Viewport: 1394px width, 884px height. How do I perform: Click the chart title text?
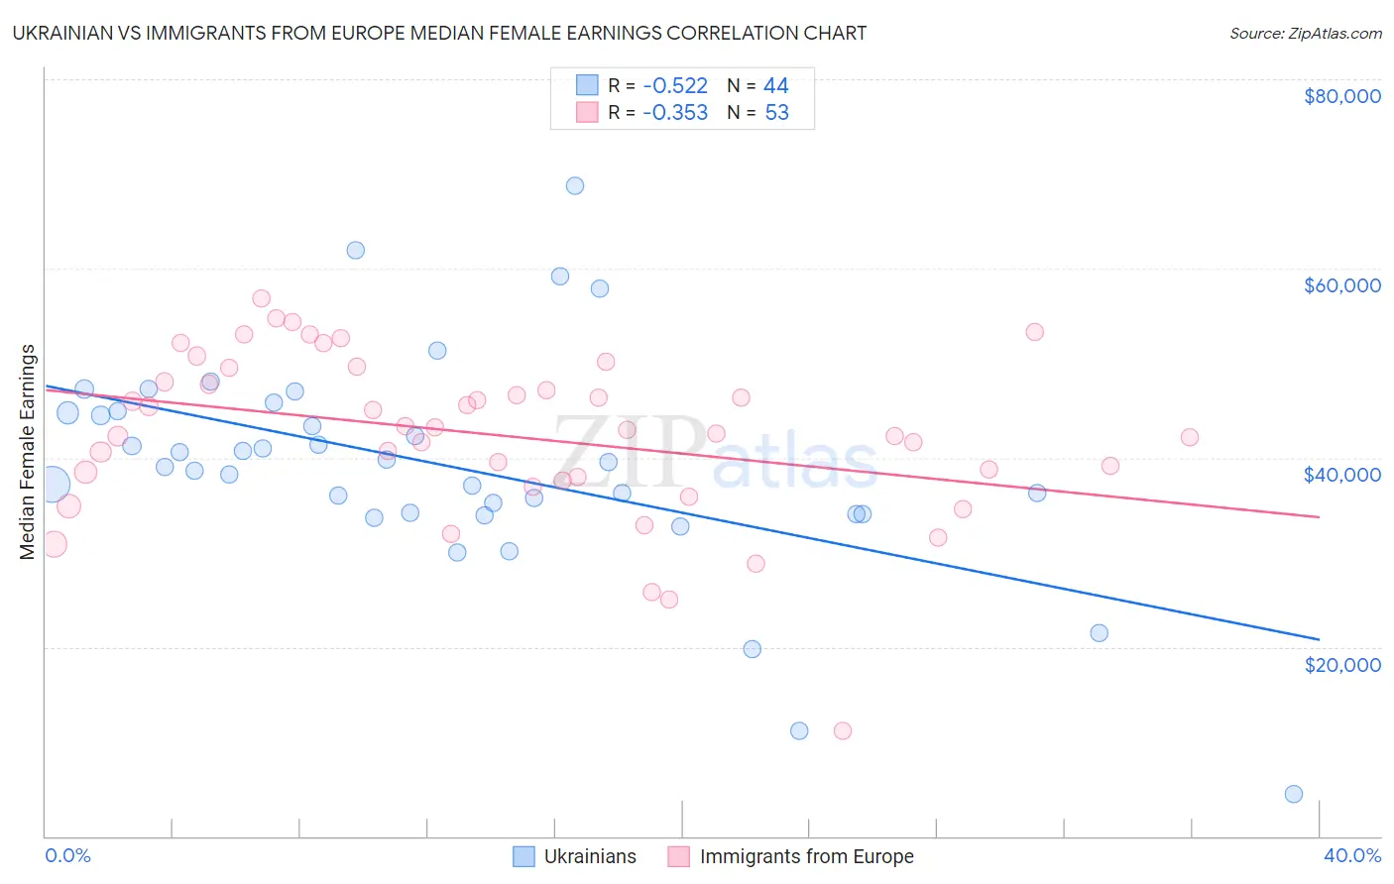440,33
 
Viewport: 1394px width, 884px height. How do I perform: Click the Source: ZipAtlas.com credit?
1305,34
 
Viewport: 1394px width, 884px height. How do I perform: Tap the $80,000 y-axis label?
1341,96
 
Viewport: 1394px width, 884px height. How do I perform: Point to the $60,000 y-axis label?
1341,285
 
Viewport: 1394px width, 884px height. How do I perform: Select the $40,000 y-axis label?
1341,475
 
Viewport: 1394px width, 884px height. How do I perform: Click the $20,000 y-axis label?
1341,664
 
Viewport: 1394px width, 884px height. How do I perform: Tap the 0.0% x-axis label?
67,855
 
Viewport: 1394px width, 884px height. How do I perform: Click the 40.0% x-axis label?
1351,855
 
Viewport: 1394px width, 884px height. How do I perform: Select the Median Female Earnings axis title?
28,452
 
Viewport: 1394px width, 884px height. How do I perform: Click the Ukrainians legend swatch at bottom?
523,856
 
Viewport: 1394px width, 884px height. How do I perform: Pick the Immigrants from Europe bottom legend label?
806,856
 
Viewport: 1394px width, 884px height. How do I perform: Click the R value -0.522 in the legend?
674,86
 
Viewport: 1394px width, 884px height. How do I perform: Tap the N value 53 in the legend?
776,113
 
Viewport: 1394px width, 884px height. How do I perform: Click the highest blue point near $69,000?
575,185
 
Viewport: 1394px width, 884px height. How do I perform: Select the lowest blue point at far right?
1293,794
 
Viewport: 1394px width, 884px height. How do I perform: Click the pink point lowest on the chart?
843,730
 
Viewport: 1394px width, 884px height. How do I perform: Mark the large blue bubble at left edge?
52,484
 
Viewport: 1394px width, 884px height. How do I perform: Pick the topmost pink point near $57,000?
262,298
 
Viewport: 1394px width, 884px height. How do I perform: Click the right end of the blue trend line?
1319,639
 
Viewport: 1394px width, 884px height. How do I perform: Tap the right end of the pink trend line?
1319,516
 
